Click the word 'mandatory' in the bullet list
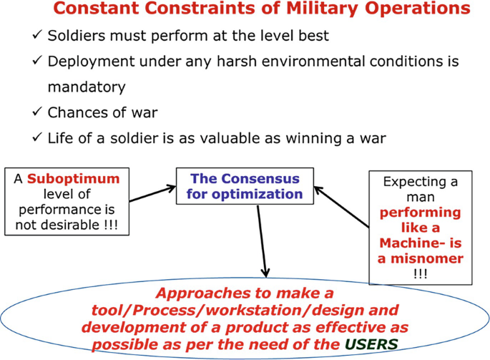click(87, 87)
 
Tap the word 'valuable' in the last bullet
click(244, 138)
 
